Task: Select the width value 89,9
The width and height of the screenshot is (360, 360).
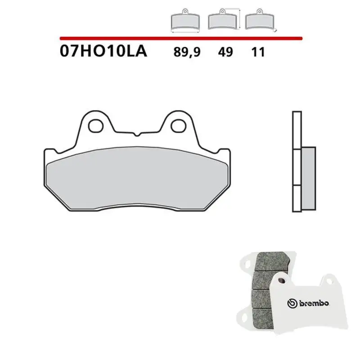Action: [186, 53]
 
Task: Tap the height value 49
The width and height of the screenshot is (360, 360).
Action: [225, 53]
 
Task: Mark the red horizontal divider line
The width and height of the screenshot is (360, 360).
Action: [180, 38]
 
